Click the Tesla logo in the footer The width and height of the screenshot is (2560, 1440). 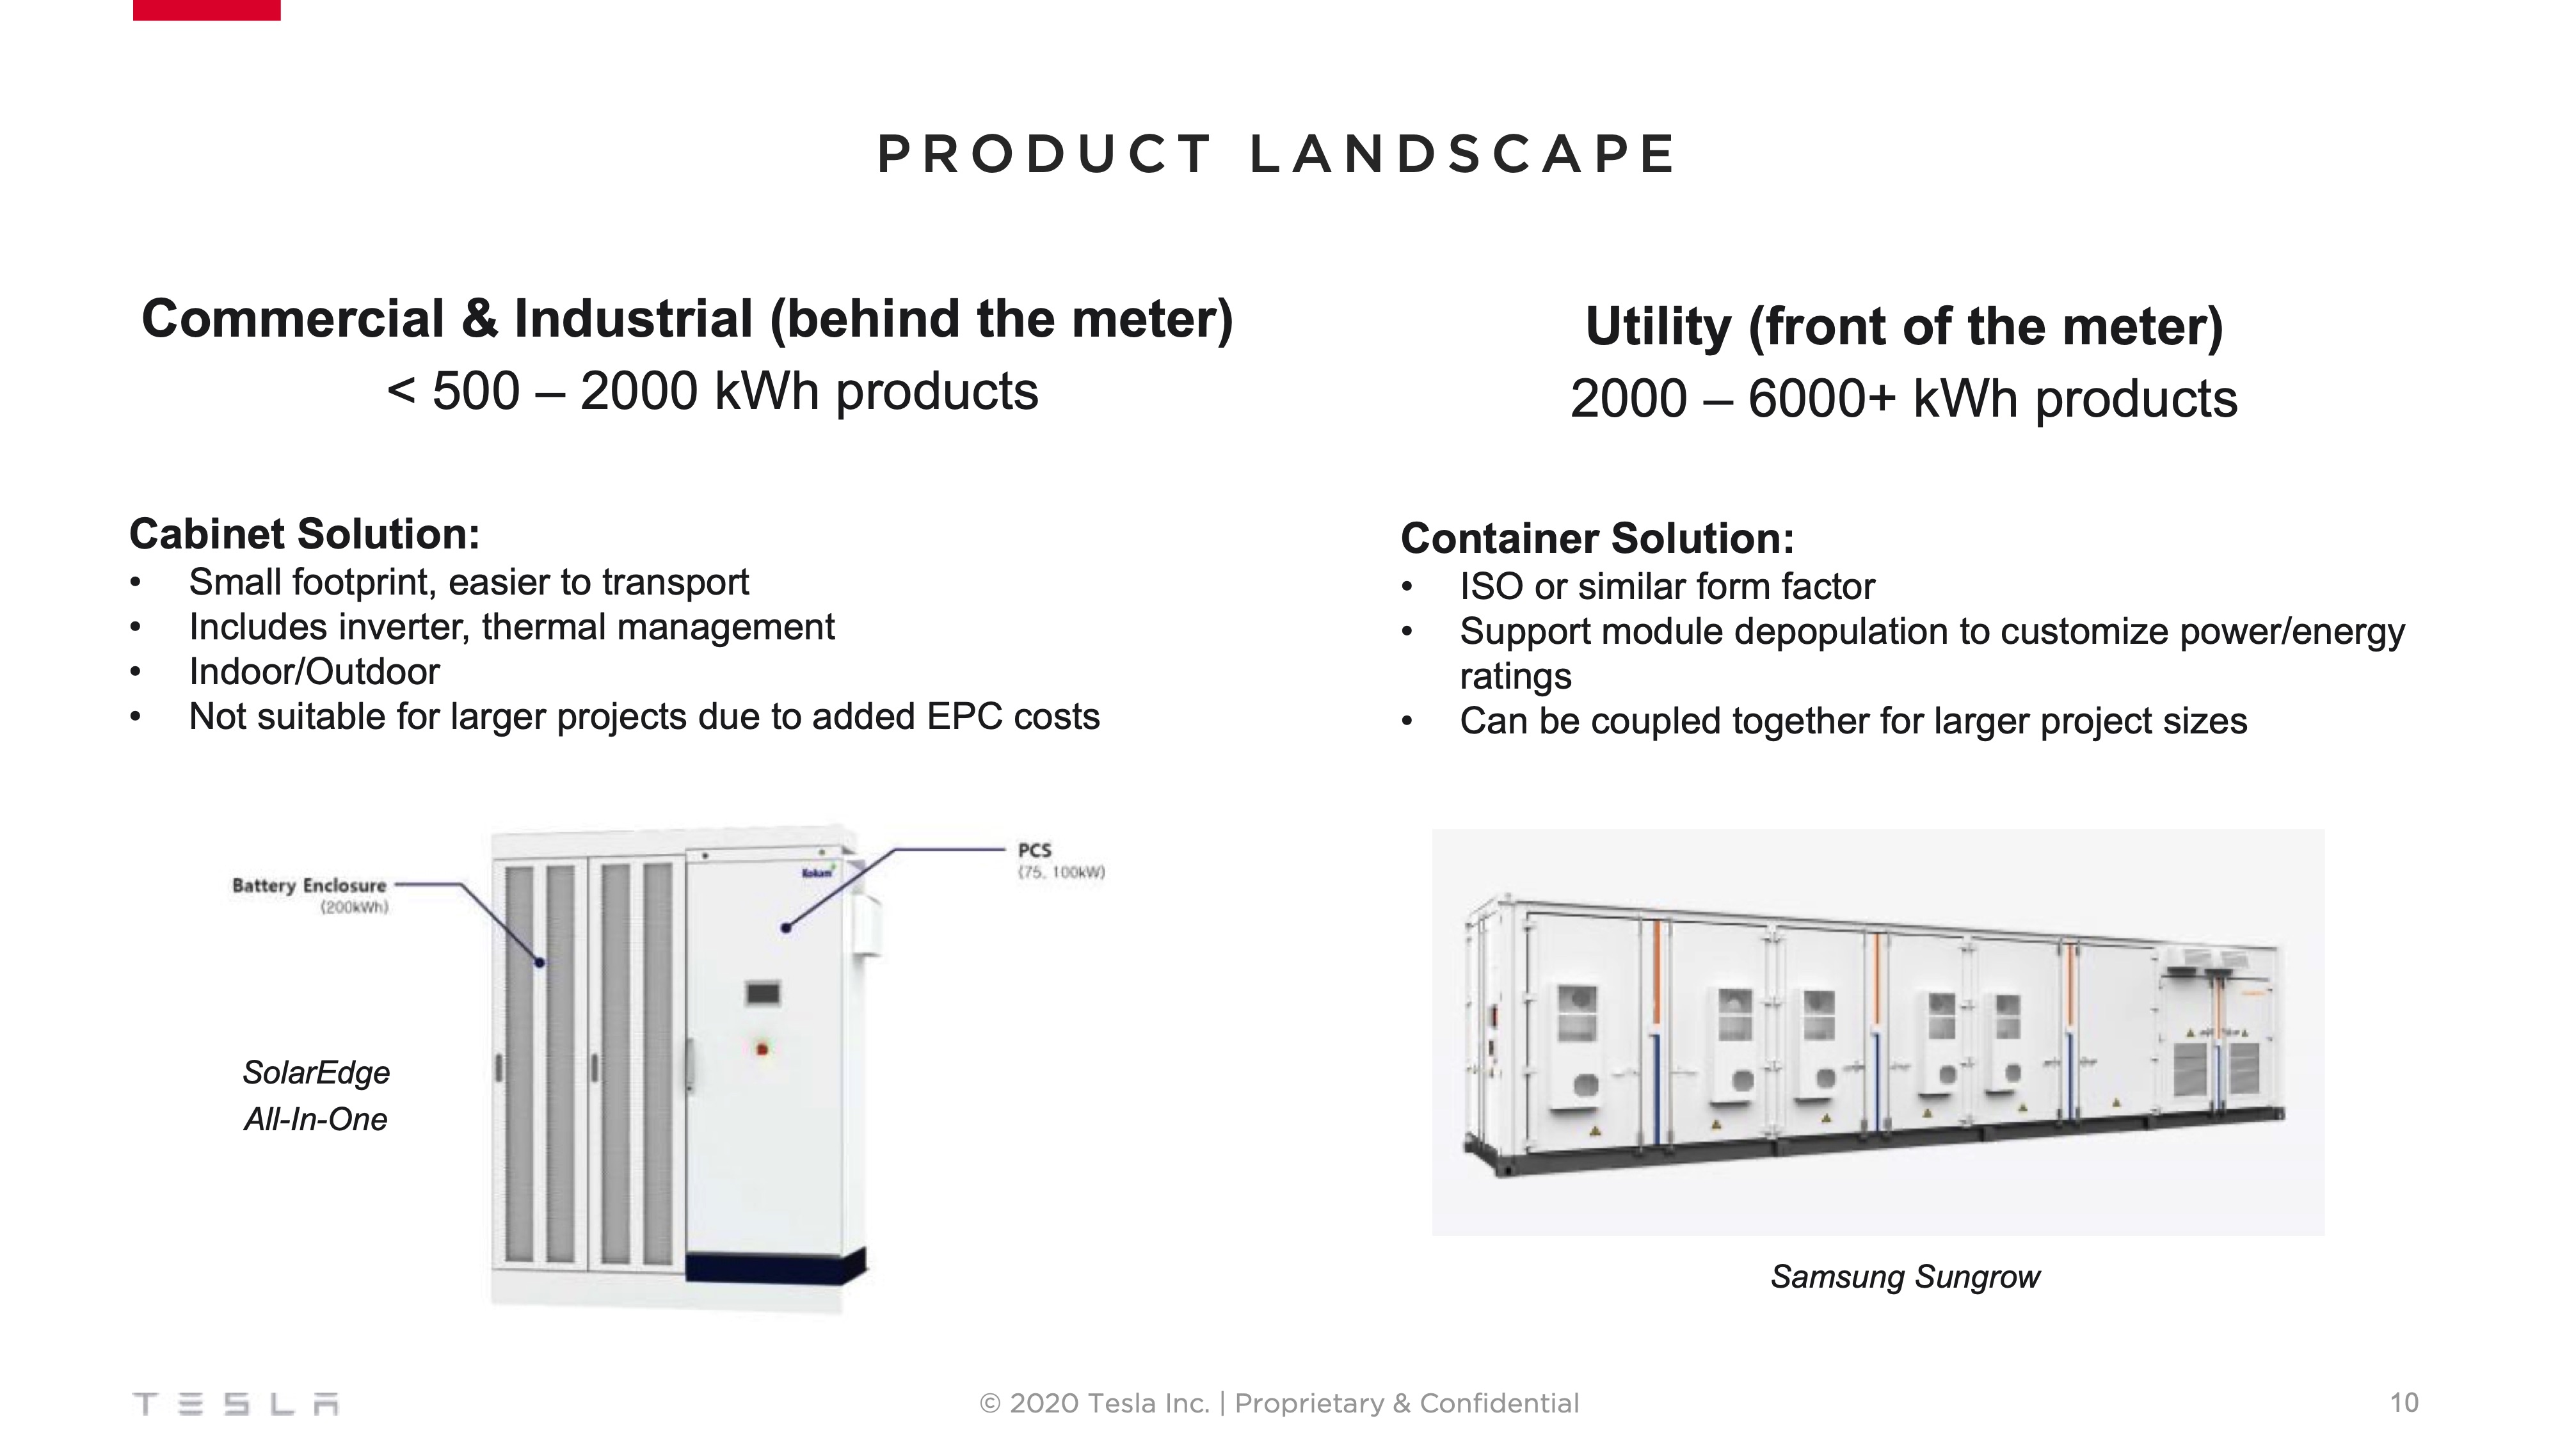(236, 1404)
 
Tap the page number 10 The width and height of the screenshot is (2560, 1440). (2404, 1402)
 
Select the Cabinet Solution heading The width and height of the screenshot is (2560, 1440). (304, 534)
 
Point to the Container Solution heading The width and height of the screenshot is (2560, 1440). (1597, 539)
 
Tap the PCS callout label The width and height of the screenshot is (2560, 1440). (1034, 851)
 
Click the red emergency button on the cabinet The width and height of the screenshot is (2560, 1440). (762, 1048)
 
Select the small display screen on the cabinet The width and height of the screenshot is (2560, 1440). (762, 993)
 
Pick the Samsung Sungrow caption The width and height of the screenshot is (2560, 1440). (1904, 1276)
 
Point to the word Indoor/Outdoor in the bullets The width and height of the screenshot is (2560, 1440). (314, 672)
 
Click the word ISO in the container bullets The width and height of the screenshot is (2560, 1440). (1491, 588)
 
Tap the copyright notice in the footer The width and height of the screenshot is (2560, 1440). (1279, 1404)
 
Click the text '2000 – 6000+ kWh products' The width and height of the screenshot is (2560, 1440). (1903, 399)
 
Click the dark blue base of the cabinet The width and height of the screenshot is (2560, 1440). (775, 1269)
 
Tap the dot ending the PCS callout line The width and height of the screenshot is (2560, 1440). (786, 928)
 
